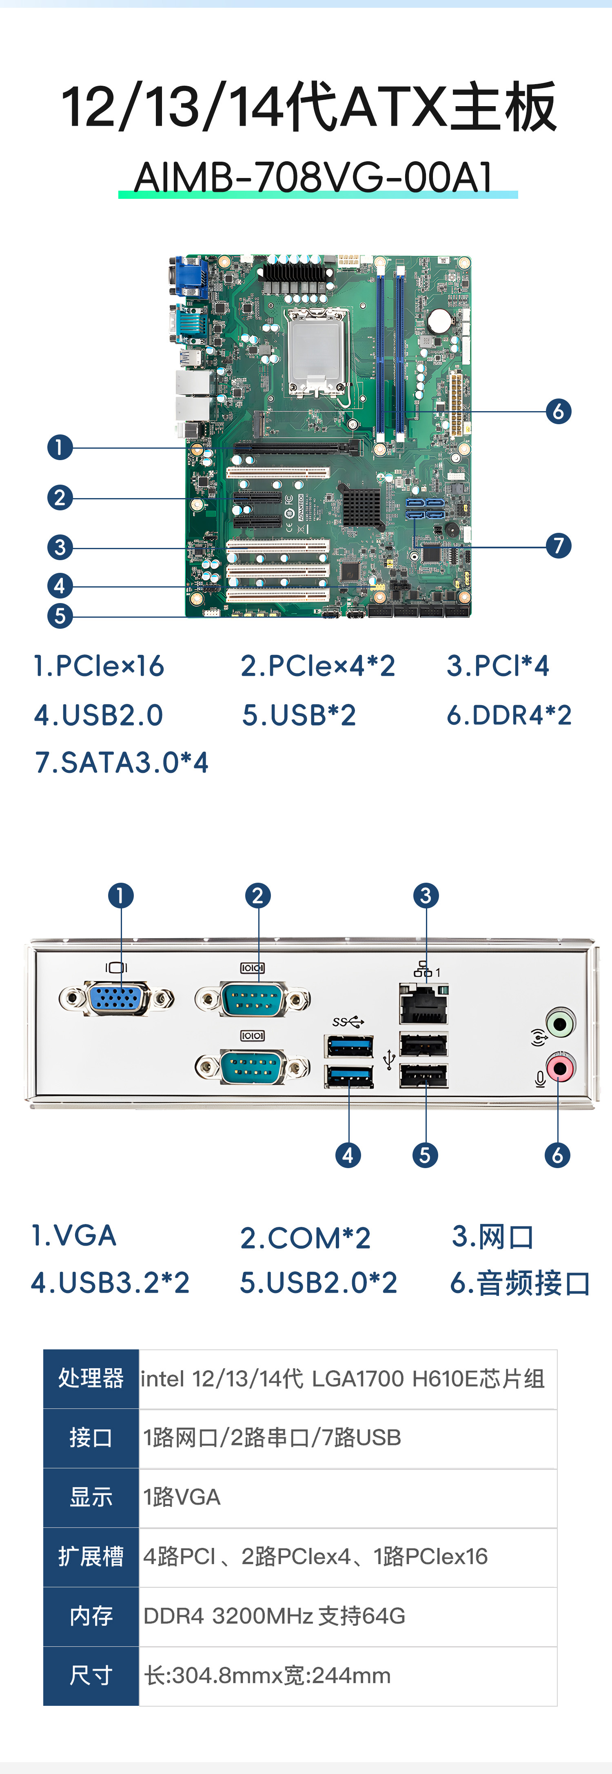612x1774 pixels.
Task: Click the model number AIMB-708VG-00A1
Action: coord(314,177)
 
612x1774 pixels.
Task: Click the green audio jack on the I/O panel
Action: coord(560,1023)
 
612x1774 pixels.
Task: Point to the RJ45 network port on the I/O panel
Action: coord(424,1006)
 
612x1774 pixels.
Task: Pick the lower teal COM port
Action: coord(253,1067)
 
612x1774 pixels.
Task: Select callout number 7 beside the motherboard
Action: coord(558,545)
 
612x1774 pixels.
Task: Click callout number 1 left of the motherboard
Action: coord(60,447)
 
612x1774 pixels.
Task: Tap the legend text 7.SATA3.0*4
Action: coord(122,762)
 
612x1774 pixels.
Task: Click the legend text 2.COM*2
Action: coord(305,1238)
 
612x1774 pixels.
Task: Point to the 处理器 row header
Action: coord(91,1378)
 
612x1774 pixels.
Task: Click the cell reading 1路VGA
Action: coord(182,1496)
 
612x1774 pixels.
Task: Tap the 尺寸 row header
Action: coord(91,1675)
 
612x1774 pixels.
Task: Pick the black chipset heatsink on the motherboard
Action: coord(361,507)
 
